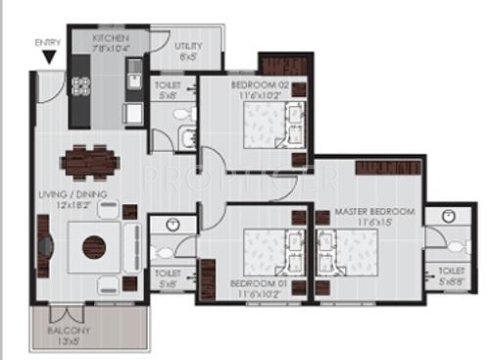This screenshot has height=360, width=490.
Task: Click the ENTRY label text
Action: [x=46, y=43]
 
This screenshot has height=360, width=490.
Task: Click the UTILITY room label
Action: [x=189, y=46]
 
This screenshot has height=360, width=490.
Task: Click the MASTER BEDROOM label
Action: [x=374, y=211]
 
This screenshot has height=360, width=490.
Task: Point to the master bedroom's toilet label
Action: [x=450, y=270]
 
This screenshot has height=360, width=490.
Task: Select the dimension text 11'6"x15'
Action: [x=374, y=223]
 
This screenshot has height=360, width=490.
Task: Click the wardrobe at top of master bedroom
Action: [x=381, y=167]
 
